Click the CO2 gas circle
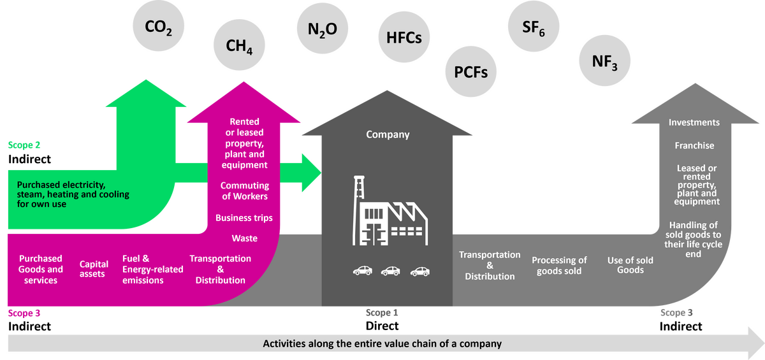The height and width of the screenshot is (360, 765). (x=159, y=27)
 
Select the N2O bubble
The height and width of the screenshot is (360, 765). (x=322, y=29)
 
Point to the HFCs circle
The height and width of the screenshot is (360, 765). (x=404, y=38)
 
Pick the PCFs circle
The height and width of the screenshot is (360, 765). (x=470, y=72)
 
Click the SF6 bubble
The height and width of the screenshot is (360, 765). (x=534, y=27)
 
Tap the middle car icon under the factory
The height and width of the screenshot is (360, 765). (x=391, y=271)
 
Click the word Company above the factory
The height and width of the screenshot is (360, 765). (x=388, y=134)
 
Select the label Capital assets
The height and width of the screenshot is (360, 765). (x=92, y=269)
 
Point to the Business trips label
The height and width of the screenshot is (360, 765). (x=244, y=218)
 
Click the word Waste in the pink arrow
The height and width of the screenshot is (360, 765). (x=245, y=238)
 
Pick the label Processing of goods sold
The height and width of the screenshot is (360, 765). (x=559, y=265)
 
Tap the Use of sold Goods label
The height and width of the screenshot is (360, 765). (x=630, y=265)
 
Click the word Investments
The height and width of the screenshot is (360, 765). (x=694, y=122)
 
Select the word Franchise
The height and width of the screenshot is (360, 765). (x=694, y=146)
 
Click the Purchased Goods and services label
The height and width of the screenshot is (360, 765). (x=41, y=270)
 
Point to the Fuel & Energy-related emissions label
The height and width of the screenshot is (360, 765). (x=152, y=270)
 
